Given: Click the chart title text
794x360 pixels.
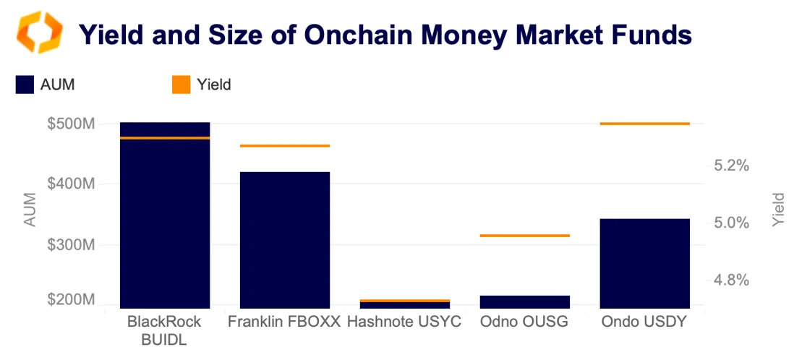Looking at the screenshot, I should pyautogui.click(x=385, y=34).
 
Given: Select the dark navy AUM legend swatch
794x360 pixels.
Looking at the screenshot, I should pyautogui.click(x=25, y=85).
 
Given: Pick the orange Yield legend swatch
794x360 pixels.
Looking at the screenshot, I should pyautogui.click(x=181, y=85).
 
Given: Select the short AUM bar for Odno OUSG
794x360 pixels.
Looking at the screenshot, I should pyautogui.click(x=525, y=301).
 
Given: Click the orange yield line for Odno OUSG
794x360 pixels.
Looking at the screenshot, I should pyautogui.click(x=525, y=236).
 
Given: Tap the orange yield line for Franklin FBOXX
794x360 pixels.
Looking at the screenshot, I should pyautogui.click(x=285, y=146).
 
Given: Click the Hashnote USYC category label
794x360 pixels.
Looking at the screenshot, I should pyautogui.click(x=404, y=322).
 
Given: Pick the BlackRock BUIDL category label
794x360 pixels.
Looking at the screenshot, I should pyautogui.click(x=164, y=330).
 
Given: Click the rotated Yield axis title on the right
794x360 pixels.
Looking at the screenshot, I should pyautogui.click(x=778, y=210).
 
